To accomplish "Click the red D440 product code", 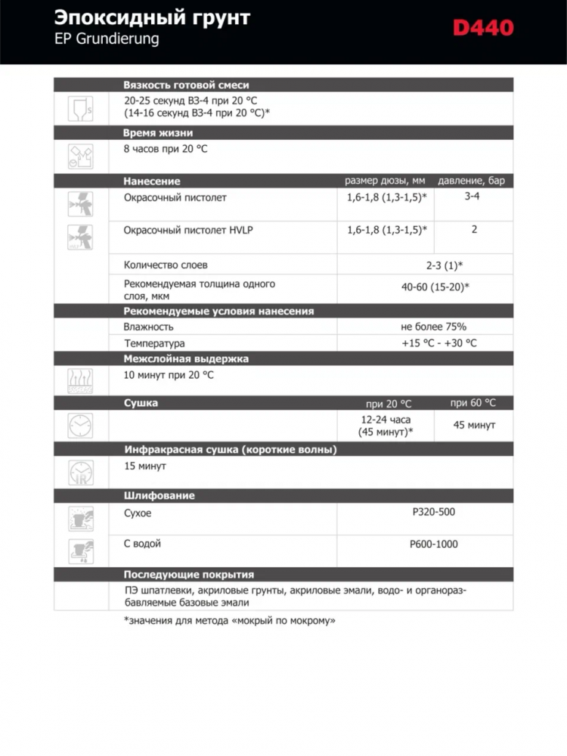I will click(x=483, y=29).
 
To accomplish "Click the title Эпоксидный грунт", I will click(x=152, y=17).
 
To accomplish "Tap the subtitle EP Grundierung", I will click(x=106, y=39).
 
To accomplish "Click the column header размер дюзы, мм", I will click(x=385, y=181).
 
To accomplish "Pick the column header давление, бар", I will click(x=472, y=181).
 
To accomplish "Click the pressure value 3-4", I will click(x=472, y=197).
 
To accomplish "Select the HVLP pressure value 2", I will click(x=474, y=230).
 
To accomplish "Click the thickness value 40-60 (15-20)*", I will click(x=435, y=287).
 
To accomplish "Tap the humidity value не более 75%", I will click(x=433, y=327).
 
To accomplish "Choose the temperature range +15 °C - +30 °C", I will click(x=439, y=343).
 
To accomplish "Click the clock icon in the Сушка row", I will click(x=80, y=426).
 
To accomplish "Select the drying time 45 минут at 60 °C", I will click(x=474, y=426).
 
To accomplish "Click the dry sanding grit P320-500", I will click(x=434, y=512).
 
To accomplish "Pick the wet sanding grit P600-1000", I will click(x=434, y=544).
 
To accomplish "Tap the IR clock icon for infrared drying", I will click(x=80, y=472).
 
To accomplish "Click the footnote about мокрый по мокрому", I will click(x=229, y=621).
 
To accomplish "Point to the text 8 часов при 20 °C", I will click(x=166, y=149).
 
